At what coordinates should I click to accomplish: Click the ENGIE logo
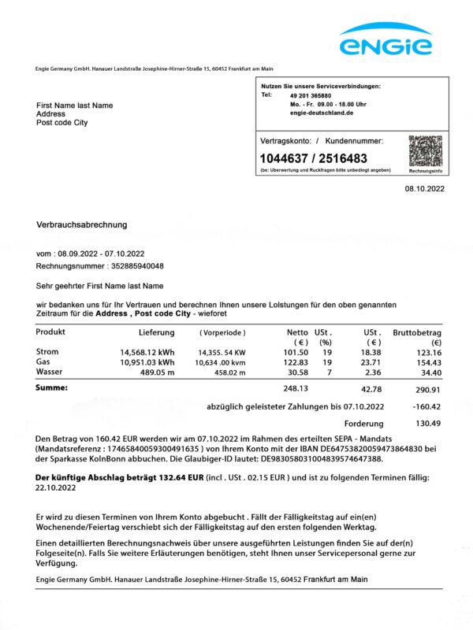tap(385, 40)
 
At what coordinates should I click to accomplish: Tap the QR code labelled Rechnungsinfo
tap(425, 150)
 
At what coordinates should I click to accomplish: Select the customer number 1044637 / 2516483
tap(314, 158)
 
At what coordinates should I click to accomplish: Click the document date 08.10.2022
tap(425, 189)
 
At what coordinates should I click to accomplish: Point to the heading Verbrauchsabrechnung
tap(82, 224)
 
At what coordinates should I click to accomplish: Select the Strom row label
tap(47, 352)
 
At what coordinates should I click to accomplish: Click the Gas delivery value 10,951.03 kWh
tap(147, 362)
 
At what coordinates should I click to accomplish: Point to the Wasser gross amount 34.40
tap(430, 372)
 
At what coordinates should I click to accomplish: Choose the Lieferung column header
tap(156, 332)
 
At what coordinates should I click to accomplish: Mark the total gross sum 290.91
tap(427, 389)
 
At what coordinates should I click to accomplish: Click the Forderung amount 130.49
tap(428, 424)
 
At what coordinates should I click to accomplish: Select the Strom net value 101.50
tap(296, 352)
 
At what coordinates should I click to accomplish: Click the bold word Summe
tap(52, 388)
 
